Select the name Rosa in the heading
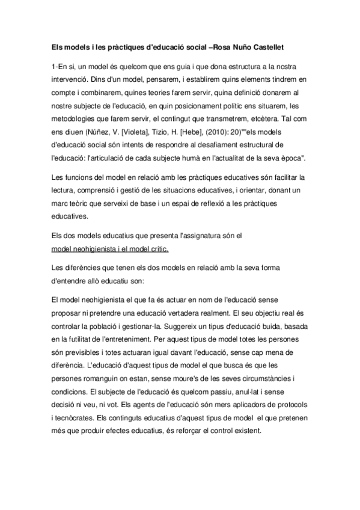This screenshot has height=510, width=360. pyautogui.click(x=222, y=46)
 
